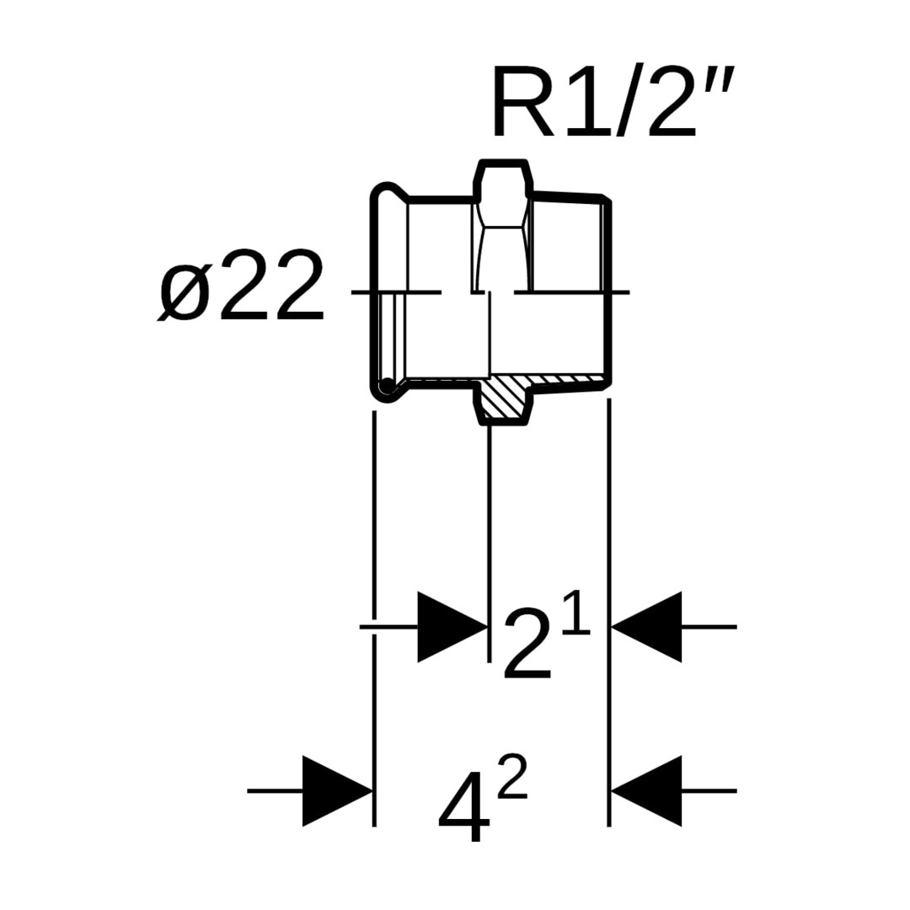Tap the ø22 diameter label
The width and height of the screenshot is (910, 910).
242,286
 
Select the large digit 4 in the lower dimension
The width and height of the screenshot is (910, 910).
463,810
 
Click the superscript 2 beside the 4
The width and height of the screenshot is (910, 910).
512,777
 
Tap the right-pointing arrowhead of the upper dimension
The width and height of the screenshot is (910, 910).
452,627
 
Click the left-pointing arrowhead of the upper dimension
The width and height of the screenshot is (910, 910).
647,627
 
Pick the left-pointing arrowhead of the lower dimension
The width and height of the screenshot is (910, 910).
647,791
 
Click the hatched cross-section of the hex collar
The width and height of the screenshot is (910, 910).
506,396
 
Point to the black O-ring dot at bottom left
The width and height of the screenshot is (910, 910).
386,386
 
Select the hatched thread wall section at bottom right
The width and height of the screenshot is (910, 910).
570,382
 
